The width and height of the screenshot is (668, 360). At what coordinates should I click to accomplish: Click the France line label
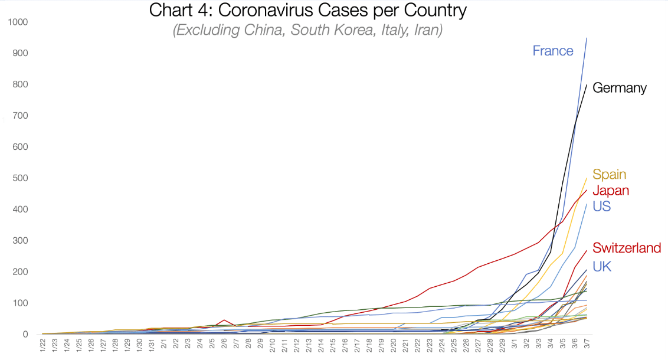552,51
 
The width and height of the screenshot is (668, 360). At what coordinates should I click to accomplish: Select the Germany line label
619,89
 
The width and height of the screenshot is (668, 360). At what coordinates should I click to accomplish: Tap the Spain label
609,175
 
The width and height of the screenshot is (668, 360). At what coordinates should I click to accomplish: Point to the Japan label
610,191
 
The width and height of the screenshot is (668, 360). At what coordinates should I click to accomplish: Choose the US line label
602,207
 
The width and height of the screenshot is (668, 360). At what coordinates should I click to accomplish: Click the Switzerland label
626,248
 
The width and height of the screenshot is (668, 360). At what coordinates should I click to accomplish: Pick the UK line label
601,267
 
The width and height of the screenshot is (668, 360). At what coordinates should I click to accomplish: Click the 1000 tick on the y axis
19,22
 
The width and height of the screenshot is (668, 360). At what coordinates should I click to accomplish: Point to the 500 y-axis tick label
22,178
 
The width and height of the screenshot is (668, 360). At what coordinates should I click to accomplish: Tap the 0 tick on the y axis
27,335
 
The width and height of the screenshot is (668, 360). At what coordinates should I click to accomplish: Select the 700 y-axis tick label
22,116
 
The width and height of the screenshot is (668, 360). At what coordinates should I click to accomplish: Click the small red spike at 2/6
224,320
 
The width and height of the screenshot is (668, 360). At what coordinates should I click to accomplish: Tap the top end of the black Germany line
586,85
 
